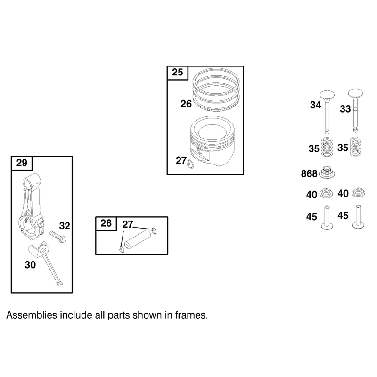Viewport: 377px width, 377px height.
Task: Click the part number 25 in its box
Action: (178, 72)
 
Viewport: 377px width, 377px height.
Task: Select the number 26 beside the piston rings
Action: (186, 104)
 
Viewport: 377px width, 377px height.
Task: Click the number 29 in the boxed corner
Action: (22, 163)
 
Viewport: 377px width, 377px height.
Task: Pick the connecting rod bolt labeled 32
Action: (58, 237)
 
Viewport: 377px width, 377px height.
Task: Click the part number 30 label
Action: (30, 265)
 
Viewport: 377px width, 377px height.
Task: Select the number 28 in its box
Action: (106, 223)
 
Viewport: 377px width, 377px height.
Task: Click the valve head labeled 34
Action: (327, 95)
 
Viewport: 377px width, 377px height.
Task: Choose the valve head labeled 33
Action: (355, 93)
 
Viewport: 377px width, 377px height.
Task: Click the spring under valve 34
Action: (327, 147)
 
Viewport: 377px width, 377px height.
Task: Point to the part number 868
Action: (309, 173)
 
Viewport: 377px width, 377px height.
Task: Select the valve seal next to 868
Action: (327, 172)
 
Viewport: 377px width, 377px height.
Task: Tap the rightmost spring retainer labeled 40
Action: (359, 192)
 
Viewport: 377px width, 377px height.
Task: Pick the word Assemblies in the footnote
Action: (32, 315)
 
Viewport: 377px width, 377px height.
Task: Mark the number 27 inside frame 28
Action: (128, 224)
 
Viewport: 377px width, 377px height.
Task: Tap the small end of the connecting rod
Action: (31, 181)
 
